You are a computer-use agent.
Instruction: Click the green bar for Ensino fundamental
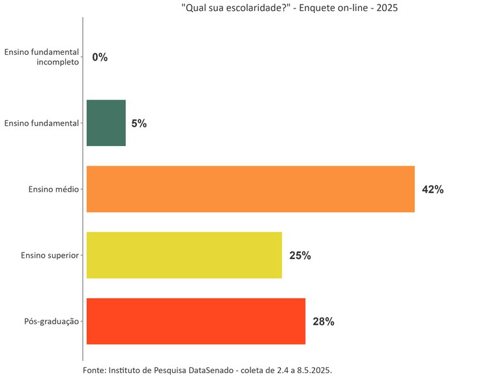106,123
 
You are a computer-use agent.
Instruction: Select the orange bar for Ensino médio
250,189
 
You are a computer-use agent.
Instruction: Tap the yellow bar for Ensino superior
184,255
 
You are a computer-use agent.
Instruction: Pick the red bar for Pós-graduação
196,321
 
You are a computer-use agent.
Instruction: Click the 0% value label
100,57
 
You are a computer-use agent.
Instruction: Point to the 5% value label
139,123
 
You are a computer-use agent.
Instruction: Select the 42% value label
433,190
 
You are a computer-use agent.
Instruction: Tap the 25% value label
300,256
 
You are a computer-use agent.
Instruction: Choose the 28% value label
324,322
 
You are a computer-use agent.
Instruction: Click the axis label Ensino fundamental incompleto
42,57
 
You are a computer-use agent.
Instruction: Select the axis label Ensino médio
53,189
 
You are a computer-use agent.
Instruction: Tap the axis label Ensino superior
50,255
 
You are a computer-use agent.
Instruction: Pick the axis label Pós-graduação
51,321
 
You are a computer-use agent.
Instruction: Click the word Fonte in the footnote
95,370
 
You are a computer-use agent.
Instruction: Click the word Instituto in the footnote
127,370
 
